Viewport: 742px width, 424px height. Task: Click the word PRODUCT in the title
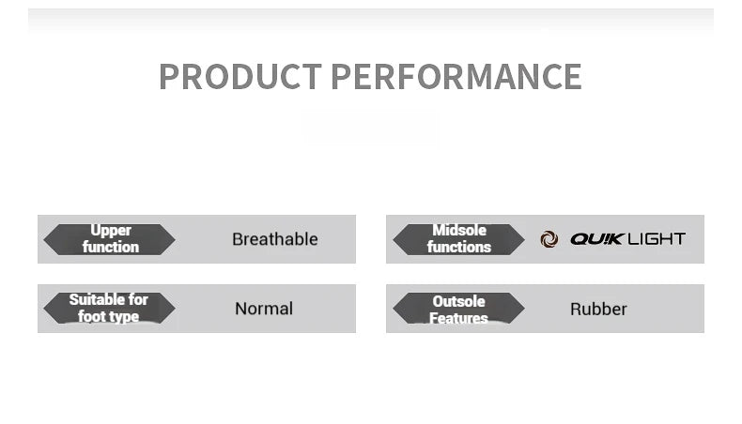pos(240,76)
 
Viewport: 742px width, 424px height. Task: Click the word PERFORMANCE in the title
pos(456,76)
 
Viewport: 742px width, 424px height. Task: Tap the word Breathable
pos(275,239)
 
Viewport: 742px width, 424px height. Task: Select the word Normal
pos(264,309)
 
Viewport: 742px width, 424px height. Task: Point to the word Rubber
pos(598,310)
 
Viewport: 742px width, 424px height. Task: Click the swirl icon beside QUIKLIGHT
pos(549,239)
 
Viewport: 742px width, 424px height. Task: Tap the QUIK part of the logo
pos(597,239)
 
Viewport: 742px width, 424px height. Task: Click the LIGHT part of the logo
pos(657,239)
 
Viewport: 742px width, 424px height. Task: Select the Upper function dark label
pos(109,239)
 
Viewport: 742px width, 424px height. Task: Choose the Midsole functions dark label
pos(458,239)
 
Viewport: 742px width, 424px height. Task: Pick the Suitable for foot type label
pos(109,309)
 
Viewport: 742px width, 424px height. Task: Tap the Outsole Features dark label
pos(458,309)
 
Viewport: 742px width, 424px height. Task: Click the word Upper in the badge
pos(111,231)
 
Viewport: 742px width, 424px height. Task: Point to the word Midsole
pos(459,230)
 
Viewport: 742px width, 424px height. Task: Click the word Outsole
pos(458,301)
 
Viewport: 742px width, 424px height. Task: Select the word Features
pos(458,319)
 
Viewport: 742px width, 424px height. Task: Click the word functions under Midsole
pos(459,248)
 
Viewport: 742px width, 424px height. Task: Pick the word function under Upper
pos(111,248)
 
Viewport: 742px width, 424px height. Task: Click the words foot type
pos(108,317)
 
